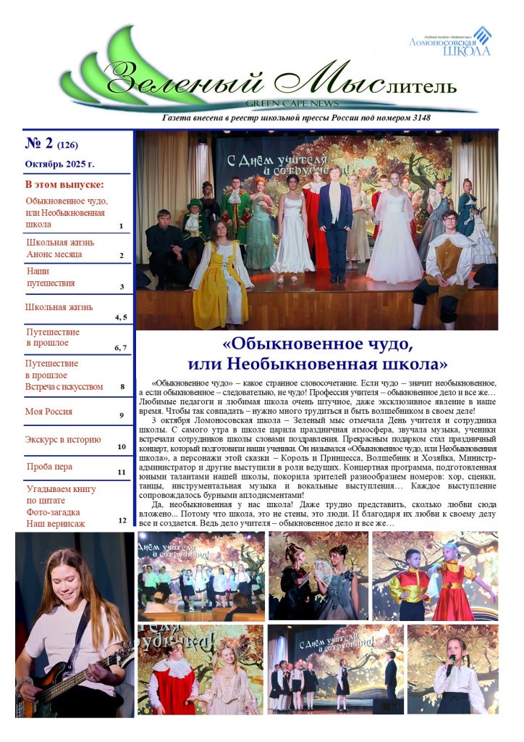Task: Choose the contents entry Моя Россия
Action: point(49,412)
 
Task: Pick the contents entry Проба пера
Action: point(49,467)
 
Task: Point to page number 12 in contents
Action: point(122,520)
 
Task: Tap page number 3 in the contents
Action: point(122,286)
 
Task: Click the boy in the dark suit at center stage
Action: point(334,217)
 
